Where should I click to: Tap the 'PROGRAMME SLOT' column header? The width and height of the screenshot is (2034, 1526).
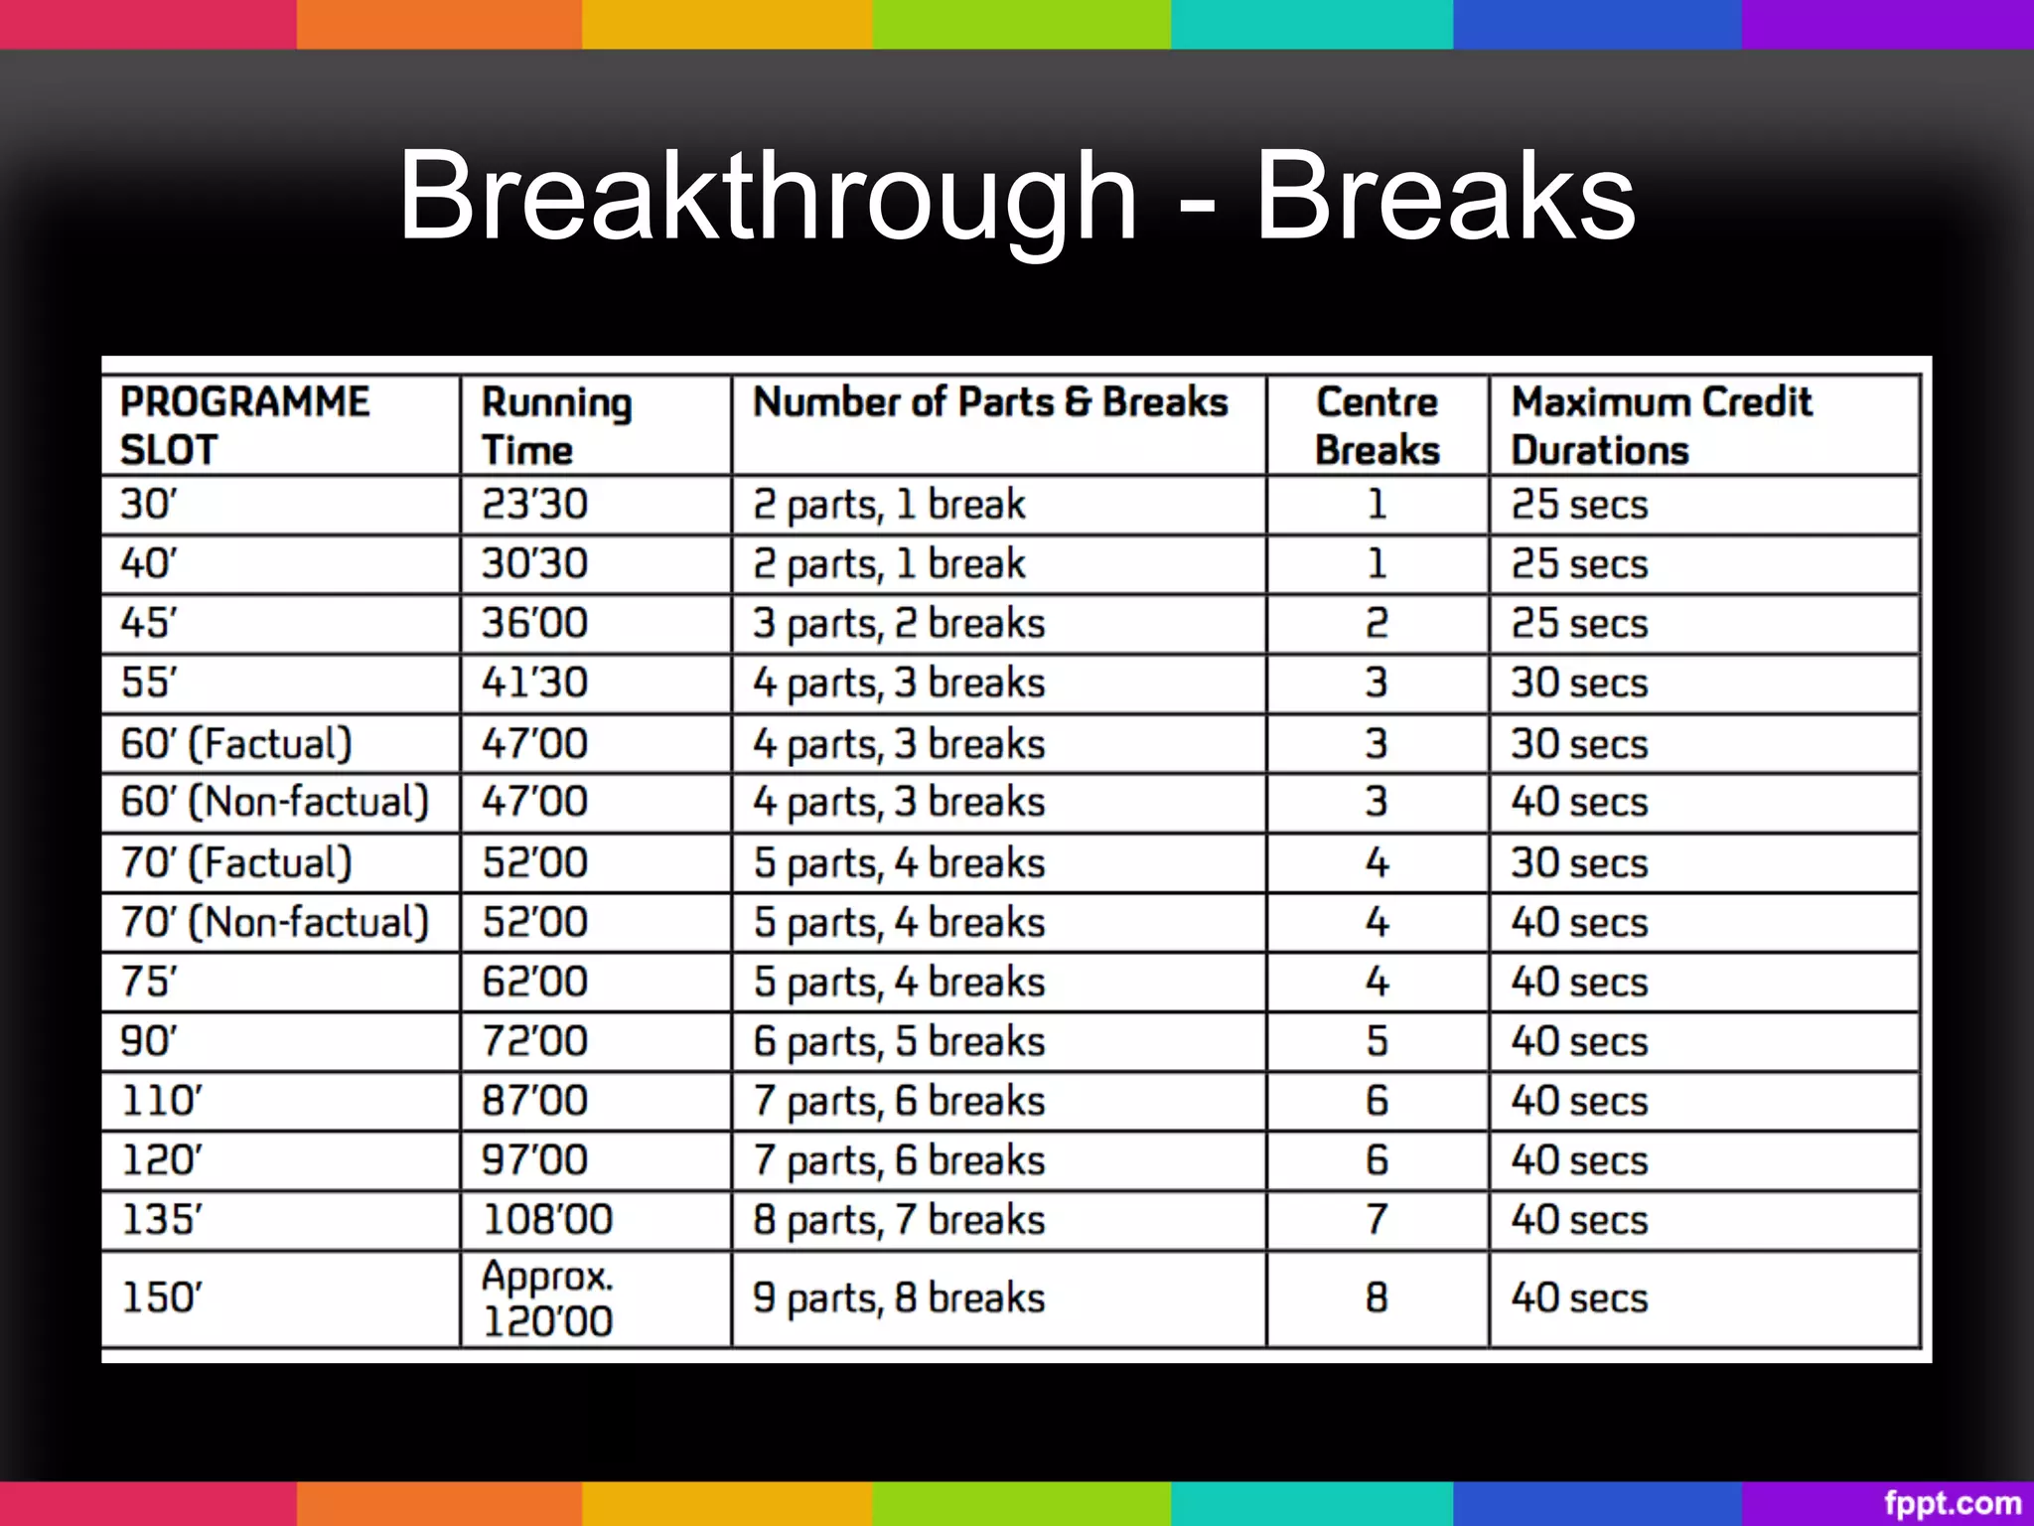(244, 425)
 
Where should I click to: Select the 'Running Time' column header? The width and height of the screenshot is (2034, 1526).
(556, 425)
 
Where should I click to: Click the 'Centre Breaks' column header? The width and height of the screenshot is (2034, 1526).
(1377, 425)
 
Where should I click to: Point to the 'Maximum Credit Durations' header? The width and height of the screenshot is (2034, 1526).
(1662, 425)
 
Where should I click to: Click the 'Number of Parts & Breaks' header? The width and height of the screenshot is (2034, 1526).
(990, 402)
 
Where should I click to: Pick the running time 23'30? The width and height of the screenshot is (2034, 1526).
(534, 504)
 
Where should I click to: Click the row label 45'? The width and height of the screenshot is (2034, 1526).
(149, 623)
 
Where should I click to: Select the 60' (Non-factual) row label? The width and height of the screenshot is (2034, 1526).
(274, 802)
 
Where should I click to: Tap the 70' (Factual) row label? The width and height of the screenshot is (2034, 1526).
(236, 862)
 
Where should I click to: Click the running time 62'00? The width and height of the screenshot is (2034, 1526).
(534, 982)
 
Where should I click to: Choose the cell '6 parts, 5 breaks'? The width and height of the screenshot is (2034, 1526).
(899, 1041)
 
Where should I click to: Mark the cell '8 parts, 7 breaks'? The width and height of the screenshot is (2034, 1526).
(899, 1220)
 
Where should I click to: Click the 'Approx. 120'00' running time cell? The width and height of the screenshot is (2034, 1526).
(547, 1298)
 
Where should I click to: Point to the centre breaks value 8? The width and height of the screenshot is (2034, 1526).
(1377, 1297)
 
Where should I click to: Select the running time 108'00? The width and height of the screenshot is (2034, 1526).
(547, 1220)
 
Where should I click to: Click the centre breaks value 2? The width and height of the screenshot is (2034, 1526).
(1377, 623)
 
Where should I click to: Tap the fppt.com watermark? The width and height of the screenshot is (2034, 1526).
(1952, 1503)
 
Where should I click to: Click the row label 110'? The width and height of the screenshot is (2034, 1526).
(161, 1101)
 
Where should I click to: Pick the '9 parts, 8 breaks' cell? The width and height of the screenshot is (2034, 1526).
(899, 1297)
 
